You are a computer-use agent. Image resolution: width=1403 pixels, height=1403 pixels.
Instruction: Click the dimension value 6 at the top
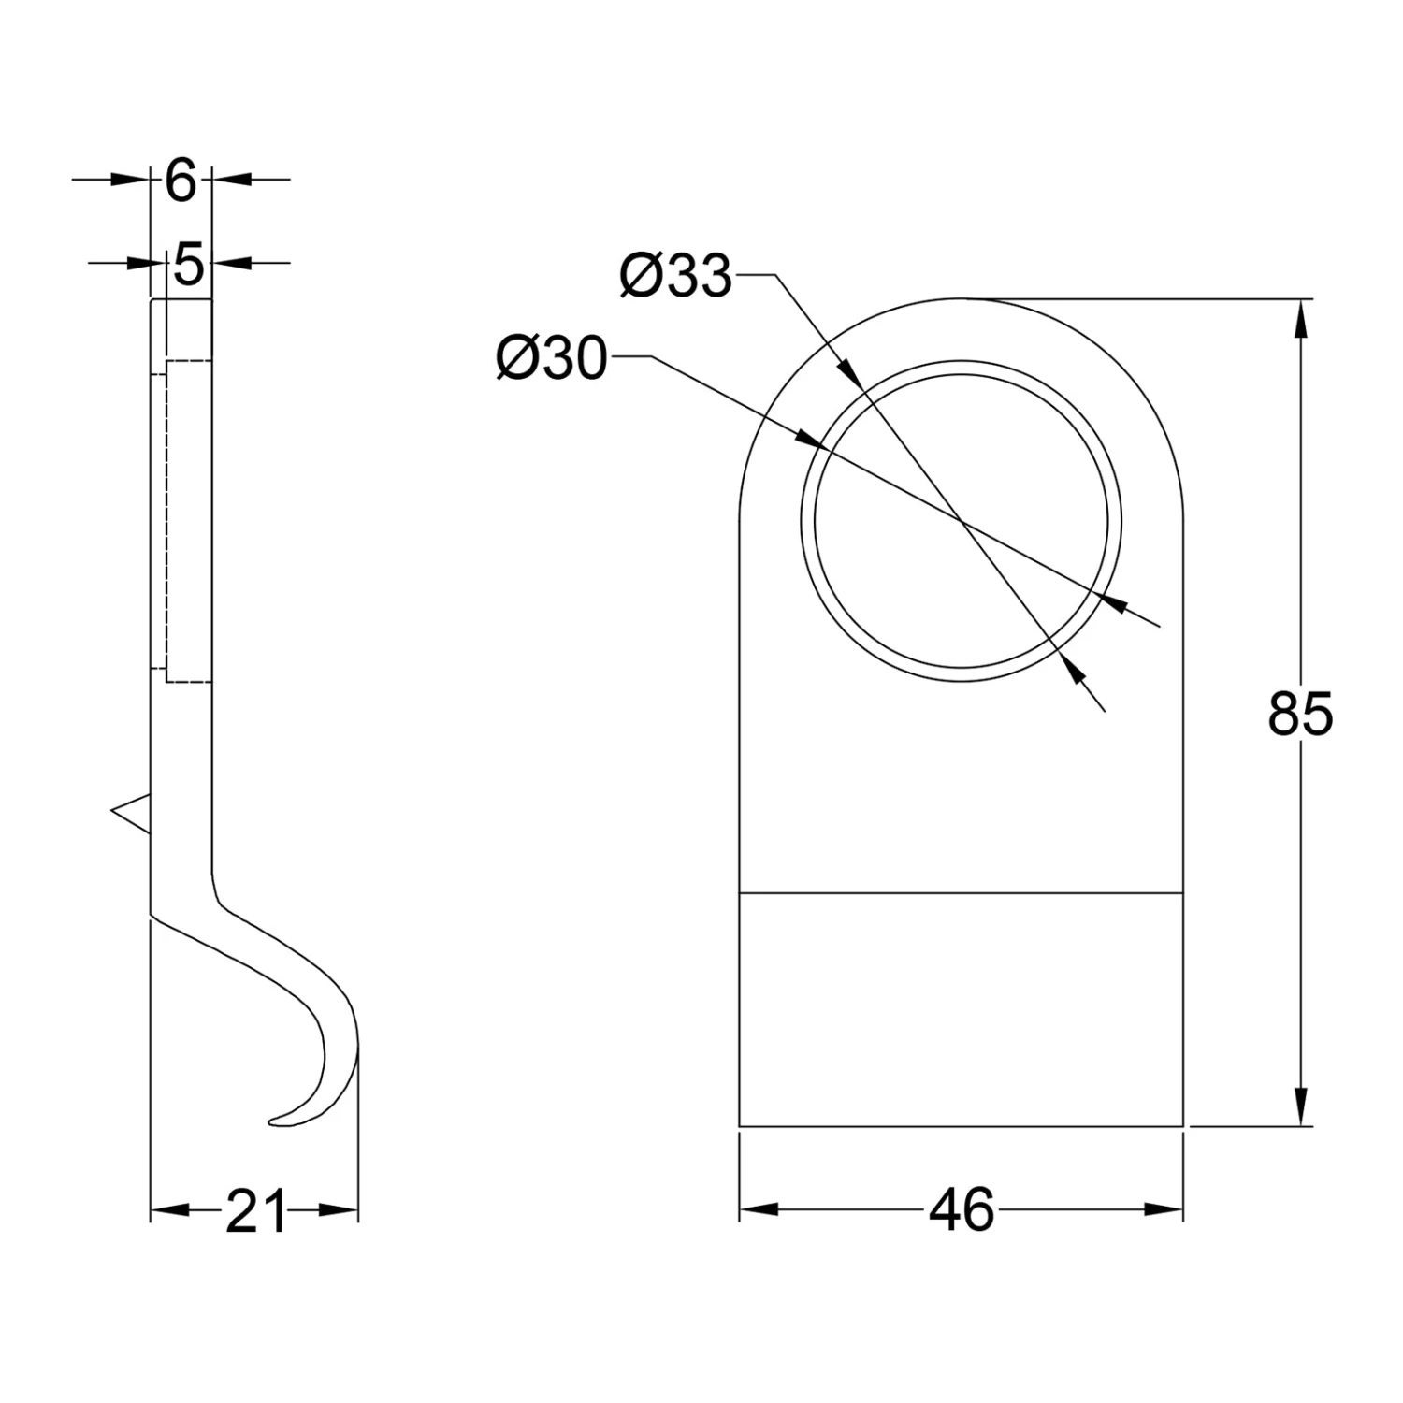(181, 181)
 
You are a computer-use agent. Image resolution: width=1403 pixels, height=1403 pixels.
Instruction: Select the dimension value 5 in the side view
(188, 266)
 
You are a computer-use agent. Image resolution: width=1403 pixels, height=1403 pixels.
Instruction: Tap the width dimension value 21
(254, 1212)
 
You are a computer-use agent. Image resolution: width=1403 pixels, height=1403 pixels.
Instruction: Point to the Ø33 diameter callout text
(675, 277)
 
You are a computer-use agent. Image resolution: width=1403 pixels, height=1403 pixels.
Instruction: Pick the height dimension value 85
(1299, 715)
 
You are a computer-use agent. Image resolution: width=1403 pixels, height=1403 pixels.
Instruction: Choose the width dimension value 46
(962, 1210)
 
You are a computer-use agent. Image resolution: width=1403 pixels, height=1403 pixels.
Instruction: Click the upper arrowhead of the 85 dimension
(1299, 318)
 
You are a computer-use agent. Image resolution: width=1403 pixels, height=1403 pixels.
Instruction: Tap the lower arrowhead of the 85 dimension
(1299, 1106)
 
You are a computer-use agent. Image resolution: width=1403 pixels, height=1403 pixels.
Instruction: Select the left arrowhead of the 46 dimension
(759, 1209)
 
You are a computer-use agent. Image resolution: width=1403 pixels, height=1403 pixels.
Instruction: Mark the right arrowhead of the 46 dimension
(1164, 1209)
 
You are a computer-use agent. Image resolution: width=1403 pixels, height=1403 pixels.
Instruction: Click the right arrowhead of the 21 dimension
(340, 1210)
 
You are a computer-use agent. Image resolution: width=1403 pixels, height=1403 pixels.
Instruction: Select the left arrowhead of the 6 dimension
(131, 178)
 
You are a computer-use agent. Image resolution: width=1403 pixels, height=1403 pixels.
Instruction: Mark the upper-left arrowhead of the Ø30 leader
(806, 437)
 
